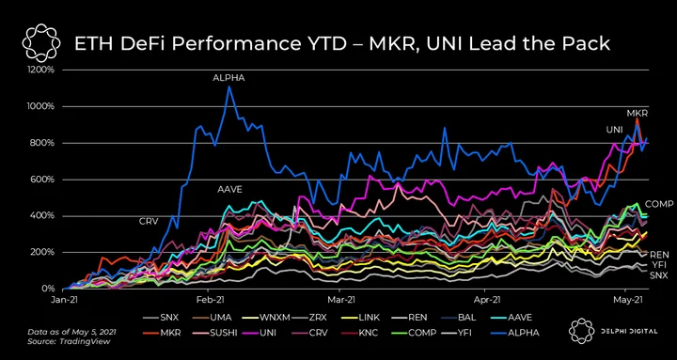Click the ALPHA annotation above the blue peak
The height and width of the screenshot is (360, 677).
pos(228,78)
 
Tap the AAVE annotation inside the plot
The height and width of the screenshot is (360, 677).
pos(229,189)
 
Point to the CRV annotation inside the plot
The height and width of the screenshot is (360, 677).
pos(149,222)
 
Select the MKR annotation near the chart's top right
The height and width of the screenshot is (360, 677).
pos(638,113)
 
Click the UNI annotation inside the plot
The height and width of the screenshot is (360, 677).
pos(615,130)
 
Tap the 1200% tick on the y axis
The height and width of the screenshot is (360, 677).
pos(40,70)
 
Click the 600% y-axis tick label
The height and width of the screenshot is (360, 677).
pos(42,180)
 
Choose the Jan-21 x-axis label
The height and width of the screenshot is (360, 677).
pos(63,298)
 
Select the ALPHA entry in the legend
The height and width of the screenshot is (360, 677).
pos(515,333)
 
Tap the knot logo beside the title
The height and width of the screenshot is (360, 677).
pos(39,42)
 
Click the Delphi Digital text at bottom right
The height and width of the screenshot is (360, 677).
pos(628,332)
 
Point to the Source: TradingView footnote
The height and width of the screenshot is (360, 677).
pos(69,341)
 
